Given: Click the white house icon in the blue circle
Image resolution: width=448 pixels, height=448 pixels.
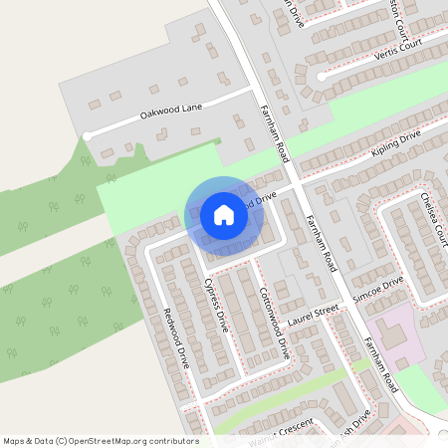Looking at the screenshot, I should [224, 215].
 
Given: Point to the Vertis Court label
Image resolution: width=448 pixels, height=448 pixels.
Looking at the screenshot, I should [398, 48].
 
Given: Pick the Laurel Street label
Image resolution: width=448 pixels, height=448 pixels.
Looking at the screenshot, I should [309, 316].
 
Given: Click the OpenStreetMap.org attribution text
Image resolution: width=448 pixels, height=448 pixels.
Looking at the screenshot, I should [101, 440].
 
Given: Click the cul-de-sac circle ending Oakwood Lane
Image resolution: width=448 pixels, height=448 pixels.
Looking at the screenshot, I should [88, 134].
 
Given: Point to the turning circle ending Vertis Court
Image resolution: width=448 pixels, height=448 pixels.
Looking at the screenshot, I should [322, 76].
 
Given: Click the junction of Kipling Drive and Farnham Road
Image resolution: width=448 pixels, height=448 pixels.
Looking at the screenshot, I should [295, 183].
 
